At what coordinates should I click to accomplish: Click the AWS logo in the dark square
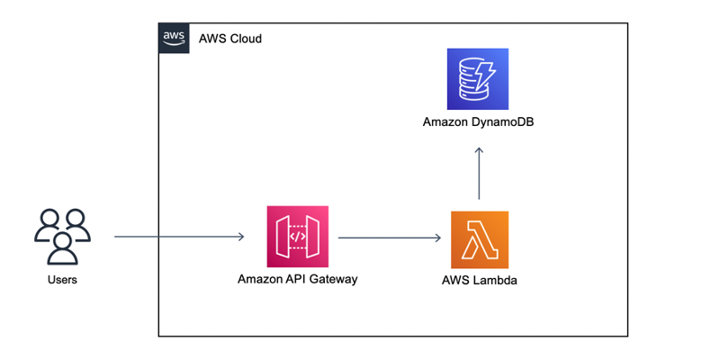coord(174,38)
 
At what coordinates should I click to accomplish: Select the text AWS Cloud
coord(230,39)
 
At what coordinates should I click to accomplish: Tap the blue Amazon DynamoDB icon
coord(478,79)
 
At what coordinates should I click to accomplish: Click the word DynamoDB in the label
coord(500,121)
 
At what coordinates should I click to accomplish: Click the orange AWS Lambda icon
coord(479,239)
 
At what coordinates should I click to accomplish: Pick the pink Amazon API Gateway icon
coord(298,237)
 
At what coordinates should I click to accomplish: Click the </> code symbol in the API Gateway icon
coord(298,237)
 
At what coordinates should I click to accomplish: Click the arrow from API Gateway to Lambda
coord(389,238)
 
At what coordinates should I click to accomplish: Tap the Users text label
coord(62,280)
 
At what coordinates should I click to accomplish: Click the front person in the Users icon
coord(62,247)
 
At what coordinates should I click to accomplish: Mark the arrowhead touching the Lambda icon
coord(437,238)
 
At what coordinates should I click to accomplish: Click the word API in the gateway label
coord(293,279)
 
